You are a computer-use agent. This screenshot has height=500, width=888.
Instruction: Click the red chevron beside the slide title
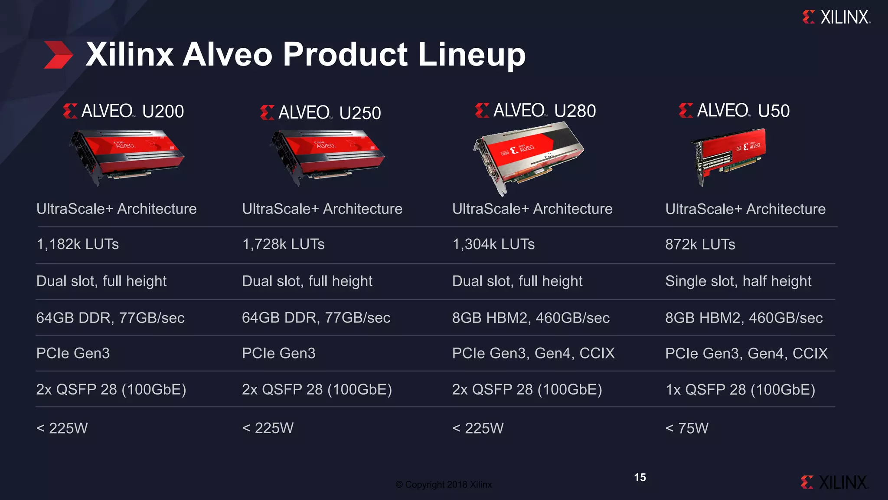[59, 55]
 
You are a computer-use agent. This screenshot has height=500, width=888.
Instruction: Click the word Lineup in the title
[471, 55]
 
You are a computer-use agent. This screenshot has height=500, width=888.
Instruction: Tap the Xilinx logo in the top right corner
[836, 17]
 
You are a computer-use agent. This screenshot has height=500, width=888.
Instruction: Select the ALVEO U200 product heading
[124, 111]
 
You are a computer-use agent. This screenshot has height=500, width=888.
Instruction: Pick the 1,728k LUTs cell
[283, 244]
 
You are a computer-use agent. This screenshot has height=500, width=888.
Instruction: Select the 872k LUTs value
[700, 244]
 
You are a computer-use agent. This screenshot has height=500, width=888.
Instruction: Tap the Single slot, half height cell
[738, 281]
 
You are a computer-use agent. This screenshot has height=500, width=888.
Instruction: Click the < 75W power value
[687, 428]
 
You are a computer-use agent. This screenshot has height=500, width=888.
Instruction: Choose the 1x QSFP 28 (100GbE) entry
[740, 390]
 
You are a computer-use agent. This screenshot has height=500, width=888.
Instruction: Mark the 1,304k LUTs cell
[493, 244]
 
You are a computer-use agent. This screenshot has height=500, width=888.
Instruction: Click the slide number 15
[640, 477]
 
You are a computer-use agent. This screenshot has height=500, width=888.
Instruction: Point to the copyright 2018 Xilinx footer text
[444, 484]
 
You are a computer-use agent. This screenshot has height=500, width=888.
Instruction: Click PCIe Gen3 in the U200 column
[73, 353]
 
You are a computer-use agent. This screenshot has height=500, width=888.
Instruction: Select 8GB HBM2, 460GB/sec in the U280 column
[531, 318]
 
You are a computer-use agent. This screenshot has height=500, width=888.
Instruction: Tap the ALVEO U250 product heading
[320, 113]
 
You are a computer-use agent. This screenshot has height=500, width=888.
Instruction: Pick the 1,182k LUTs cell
[78, 244]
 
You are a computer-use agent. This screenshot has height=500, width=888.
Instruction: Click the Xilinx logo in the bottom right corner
[834, 482]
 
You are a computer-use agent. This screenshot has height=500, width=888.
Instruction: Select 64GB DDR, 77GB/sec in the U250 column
[316, 318]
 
